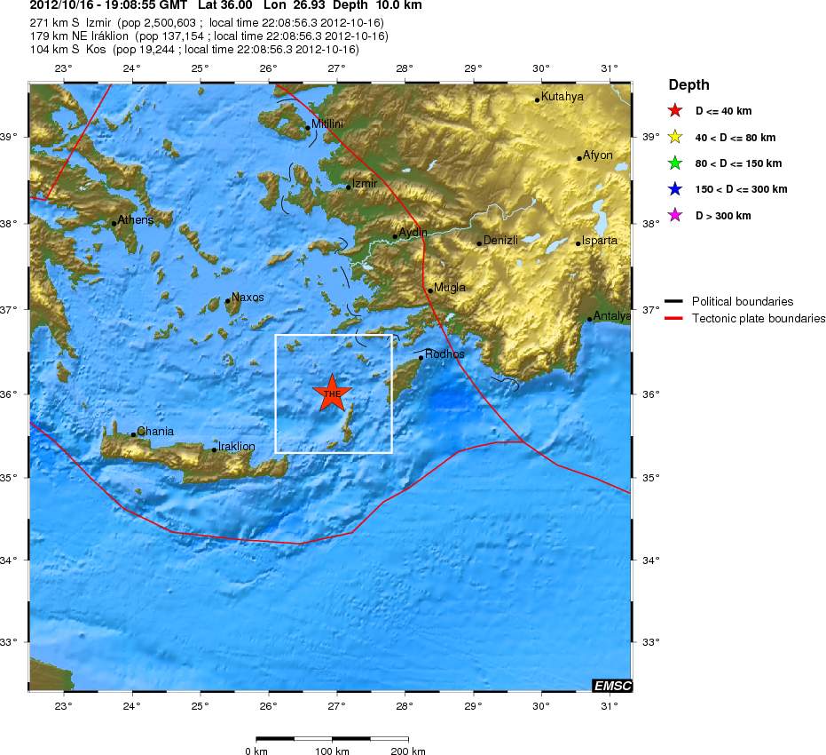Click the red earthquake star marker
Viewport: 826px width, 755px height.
pos(333,393)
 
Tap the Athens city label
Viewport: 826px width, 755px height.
pos(135,219)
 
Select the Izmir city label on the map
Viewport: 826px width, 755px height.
pos(365,184)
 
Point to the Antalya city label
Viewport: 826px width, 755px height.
pos(612,315)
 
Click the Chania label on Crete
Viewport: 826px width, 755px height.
pos(154,432)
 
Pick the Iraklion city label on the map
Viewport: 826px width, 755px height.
pos(236,446)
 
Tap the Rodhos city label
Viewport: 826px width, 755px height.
pos(444,354)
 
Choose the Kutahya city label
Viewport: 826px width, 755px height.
pos(562,96)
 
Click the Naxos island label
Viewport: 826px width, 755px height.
pos(247,297)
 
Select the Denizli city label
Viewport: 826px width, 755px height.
pos(500,240)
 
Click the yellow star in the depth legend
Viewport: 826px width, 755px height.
pos(675,138)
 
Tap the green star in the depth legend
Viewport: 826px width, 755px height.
pos(675,163)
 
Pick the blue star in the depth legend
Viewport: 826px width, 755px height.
pos(675,189)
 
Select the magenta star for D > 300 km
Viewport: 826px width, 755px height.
pos(675,216)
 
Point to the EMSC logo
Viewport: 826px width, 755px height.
pos(611,685)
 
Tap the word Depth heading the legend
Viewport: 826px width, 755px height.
pos(688,85)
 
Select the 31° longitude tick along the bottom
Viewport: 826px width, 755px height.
pos(609,706)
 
